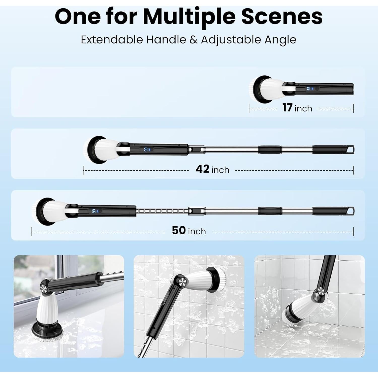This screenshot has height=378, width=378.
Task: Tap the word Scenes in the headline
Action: (x=282, y=17)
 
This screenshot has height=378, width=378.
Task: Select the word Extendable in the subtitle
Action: (x=112, y=40)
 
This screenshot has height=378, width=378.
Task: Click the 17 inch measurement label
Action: (x=297, y=108)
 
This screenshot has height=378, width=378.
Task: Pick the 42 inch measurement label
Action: (x=212, y=169)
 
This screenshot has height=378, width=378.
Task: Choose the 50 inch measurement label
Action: (x=189, y=231)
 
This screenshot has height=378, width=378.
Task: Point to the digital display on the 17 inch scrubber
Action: (x=308, y=88)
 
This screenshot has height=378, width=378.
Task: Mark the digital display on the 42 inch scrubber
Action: (x=146, y=149)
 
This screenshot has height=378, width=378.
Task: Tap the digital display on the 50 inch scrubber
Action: (x=94, y=211)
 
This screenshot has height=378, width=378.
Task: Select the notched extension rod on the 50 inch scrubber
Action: (x=162, y=211)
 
